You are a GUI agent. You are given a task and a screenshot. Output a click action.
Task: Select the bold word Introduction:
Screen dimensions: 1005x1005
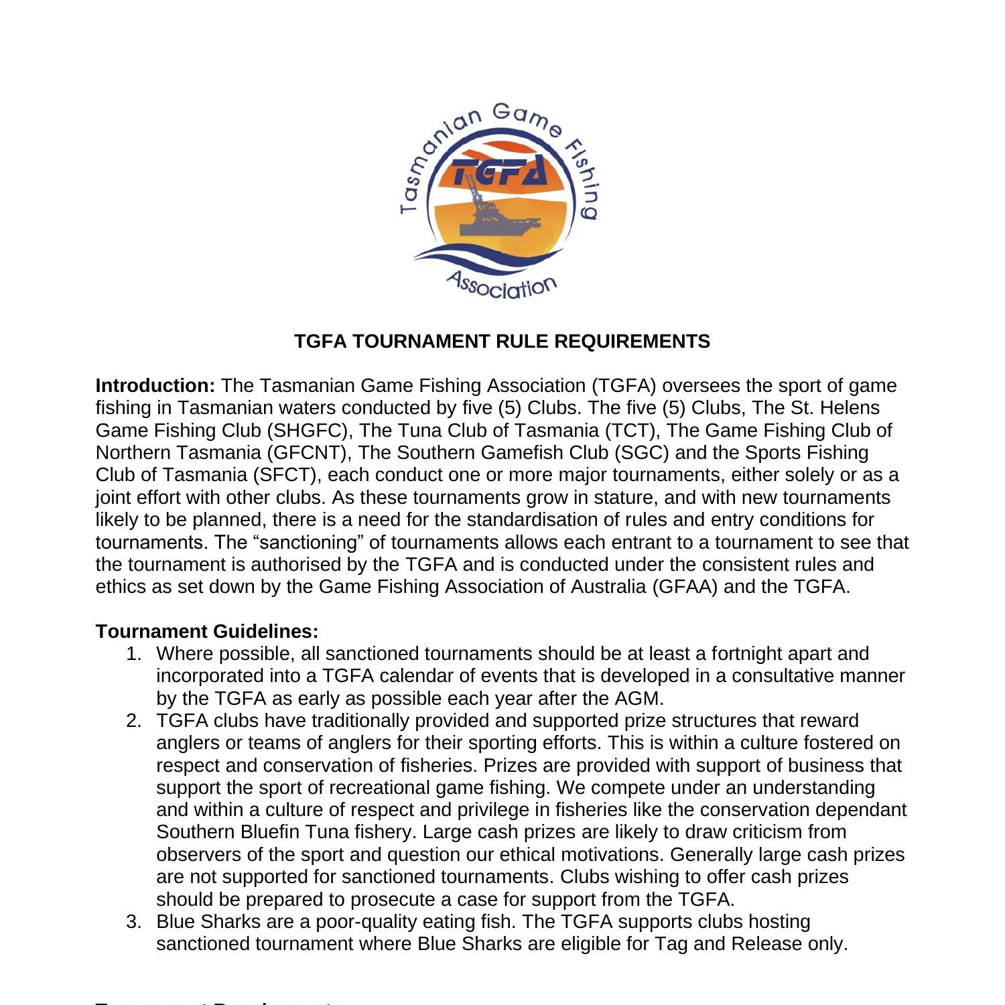click(155, 386)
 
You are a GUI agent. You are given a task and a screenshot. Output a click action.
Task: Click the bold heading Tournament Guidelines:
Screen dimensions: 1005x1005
click(207, 631)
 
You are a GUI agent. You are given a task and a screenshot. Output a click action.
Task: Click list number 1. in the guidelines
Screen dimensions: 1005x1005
click(134, 654)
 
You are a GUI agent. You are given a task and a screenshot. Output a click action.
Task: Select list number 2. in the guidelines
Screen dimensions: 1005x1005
click(134, 721)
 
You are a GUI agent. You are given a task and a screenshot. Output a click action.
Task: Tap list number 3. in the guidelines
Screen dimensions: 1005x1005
click(134, 922)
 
